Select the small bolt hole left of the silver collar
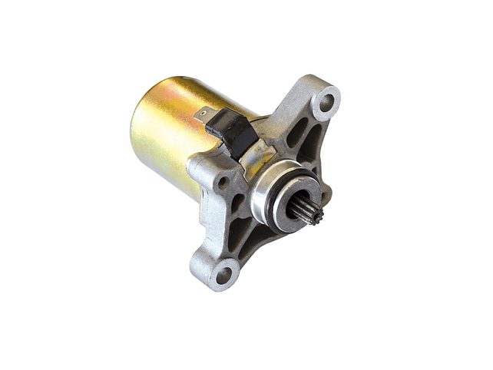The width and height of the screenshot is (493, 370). coord(223,183)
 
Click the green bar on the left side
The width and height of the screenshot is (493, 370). coord(31,185)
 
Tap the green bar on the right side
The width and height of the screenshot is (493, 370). coord(462,185)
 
